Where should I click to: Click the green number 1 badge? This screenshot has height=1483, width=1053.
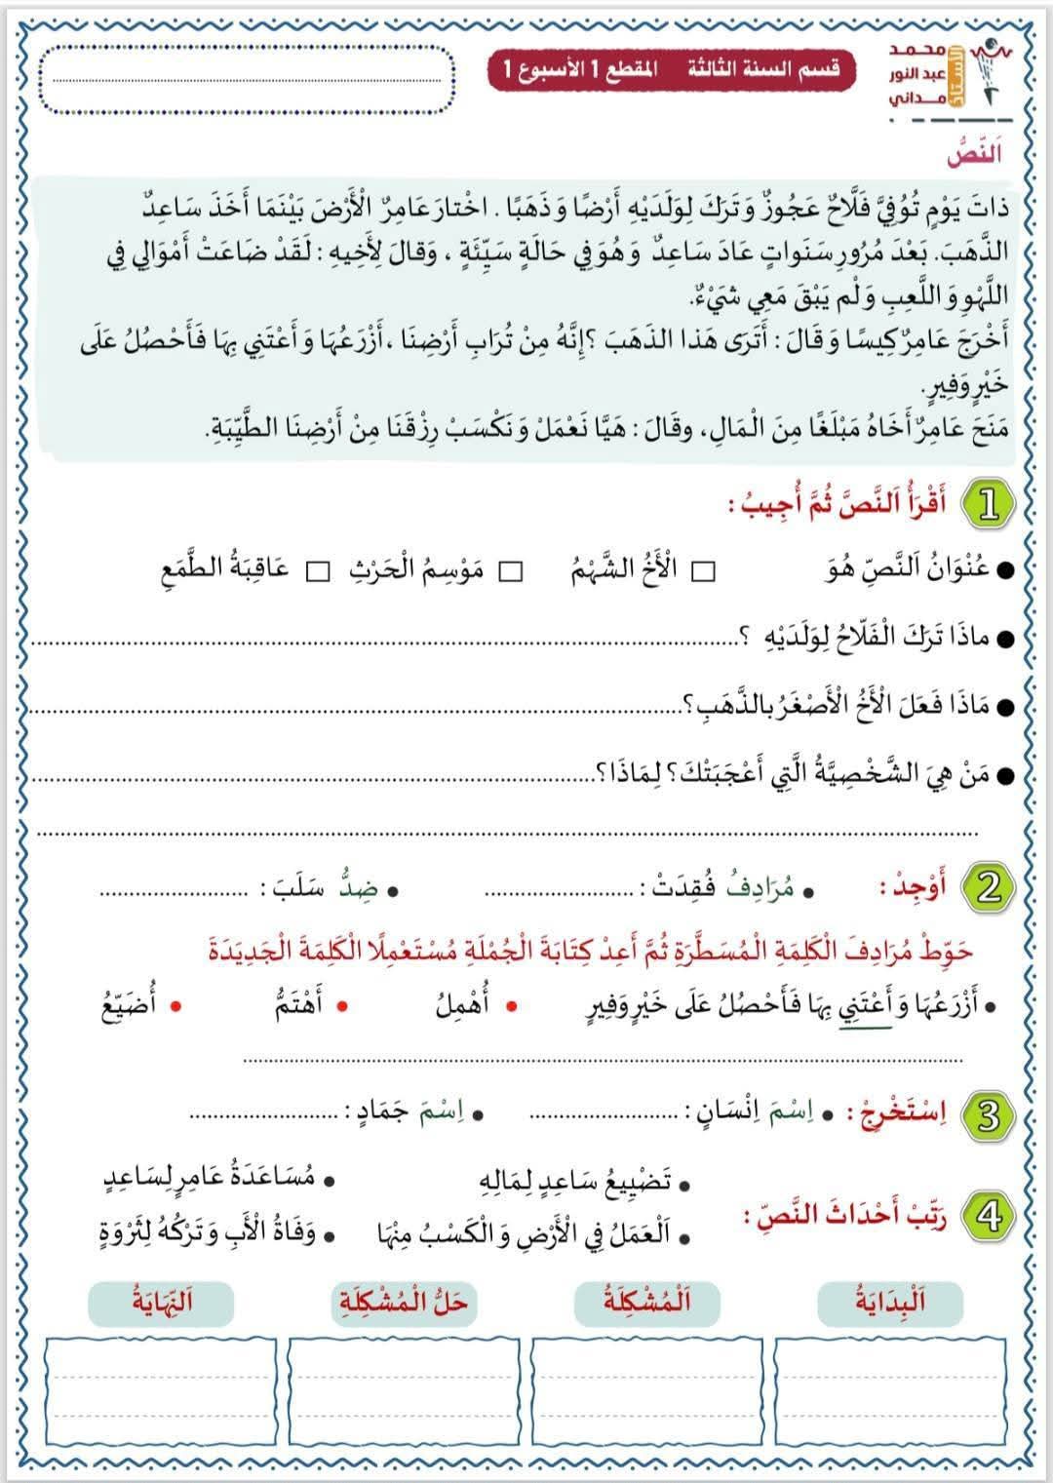click(989, 505)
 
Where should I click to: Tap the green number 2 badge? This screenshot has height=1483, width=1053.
click(989, 887)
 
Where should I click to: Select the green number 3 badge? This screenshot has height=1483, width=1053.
click(989, 1115)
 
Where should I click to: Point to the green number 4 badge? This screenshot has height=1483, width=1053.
click(989, 1217)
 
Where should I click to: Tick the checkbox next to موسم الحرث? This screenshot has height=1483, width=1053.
click(511, 571)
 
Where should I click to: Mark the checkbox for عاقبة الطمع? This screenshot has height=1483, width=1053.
click(318, 571)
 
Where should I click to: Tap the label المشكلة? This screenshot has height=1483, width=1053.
click(646, 1302)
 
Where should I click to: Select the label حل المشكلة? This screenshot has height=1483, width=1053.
click(404, 1302)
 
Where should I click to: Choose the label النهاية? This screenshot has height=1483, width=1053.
click(161, 1302)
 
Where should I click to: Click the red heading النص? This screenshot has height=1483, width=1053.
click(974, 153)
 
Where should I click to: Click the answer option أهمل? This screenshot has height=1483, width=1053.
click(463, 1005)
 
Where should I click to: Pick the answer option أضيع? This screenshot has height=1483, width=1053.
click(129, 1005)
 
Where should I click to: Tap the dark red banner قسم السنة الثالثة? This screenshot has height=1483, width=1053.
click(671, 71)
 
